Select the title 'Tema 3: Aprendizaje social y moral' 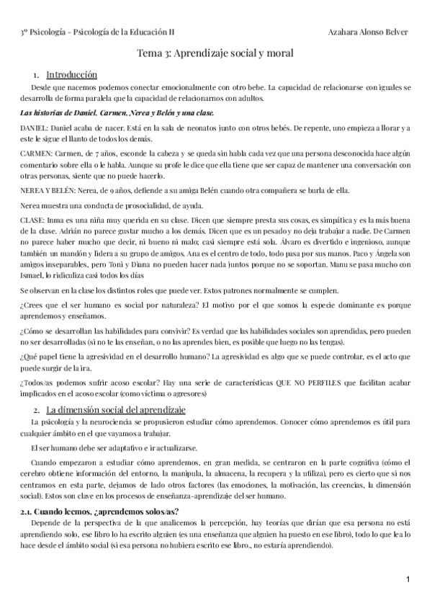(215, 53)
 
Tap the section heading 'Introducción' (72, 74)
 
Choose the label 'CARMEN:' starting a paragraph (35, 154)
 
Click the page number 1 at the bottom (408, 579)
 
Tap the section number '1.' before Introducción (36, 74)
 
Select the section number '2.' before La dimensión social (36, 409)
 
